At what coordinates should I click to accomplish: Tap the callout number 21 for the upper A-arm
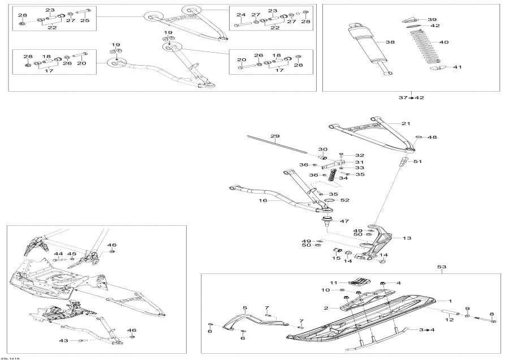tap(406, 123)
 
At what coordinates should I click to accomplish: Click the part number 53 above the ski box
tap(442, 266)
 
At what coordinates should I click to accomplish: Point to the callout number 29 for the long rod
tap(275, 136)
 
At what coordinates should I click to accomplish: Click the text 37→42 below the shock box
tap(412, 98)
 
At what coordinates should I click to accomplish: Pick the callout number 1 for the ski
tap(450, 301)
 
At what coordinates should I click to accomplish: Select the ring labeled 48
tap(419, 137)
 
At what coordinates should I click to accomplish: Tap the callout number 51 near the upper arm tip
tap(417, 162)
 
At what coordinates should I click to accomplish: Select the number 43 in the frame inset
tap(63, 340)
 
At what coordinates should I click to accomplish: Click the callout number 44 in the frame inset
tap(58, 254)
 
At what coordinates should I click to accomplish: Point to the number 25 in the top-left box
tap(84, 20)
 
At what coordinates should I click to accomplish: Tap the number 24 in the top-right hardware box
tap(241, 14)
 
